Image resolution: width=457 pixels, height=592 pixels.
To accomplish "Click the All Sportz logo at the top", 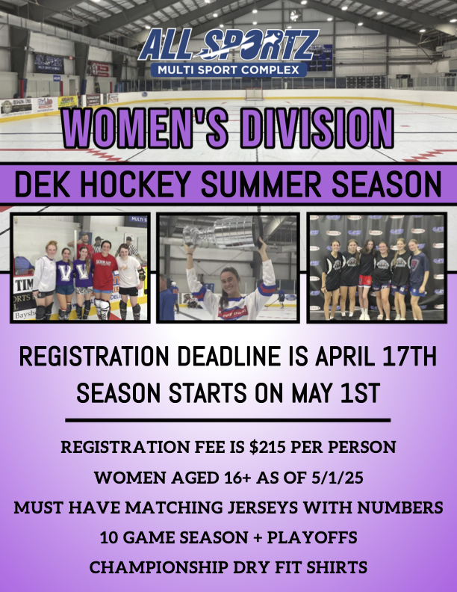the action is [229, 52].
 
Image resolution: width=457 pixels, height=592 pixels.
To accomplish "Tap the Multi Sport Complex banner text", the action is [228, 70].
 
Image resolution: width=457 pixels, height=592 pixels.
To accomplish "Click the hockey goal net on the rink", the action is [254, 93].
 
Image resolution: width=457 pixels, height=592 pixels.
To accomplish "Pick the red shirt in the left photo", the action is [105, 272].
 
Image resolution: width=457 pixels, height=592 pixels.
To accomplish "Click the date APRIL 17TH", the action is [376, 356].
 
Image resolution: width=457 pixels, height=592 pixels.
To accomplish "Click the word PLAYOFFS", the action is [312, 537].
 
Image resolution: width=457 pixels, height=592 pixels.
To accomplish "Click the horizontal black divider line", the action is [228, 420].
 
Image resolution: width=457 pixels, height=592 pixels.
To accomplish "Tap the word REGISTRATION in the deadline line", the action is [94, 356].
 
